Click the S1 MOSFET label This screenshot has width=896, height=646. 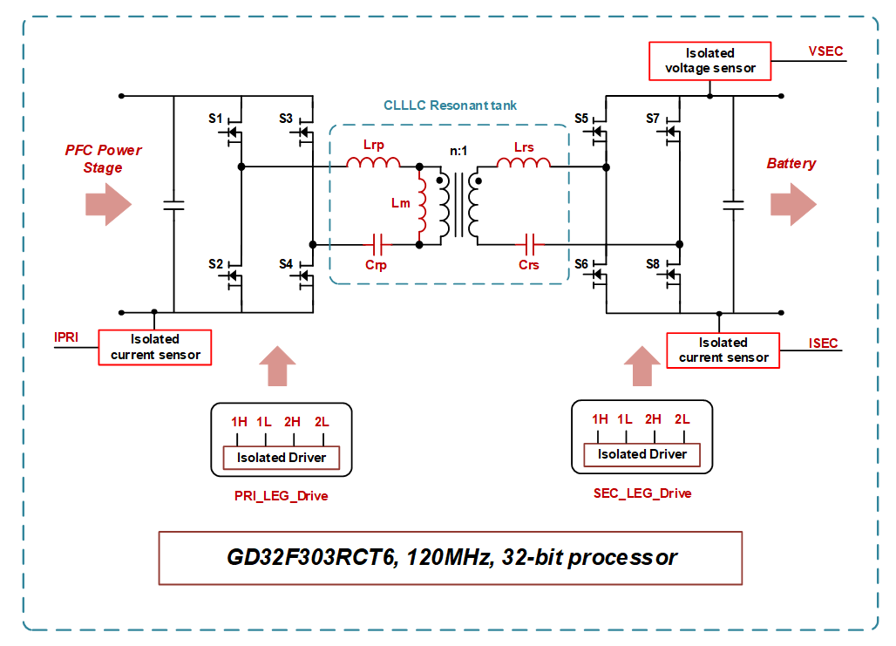216,118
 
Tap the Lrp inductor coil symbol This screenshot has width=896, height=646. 374,162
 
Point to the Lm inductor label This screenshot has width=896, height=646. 400,203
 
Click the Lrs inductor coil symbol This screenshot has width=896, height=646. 523,162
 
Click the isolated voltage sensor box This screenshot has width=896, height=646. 709,61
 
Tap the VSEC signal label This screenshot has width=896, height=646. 825,51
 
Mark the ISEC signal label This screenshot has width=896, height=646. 823,343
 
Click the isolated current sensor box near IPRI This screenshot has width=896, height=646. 155,347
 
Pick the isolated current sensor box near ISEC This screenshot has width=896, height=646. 723,350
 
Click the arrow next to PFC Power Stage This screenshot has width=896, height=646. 108,205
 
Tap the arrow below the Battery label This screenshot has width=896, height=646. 793,205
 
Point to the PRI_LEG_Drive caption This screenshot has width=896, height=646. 281,496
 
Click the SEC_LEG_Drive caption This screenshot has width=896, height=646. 641,493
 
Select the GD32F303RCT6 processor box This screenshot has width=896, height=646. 451,557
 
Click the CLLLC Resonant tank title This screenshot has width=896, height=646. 450,105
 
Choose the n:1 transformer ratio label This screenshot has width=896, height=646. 458,151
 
